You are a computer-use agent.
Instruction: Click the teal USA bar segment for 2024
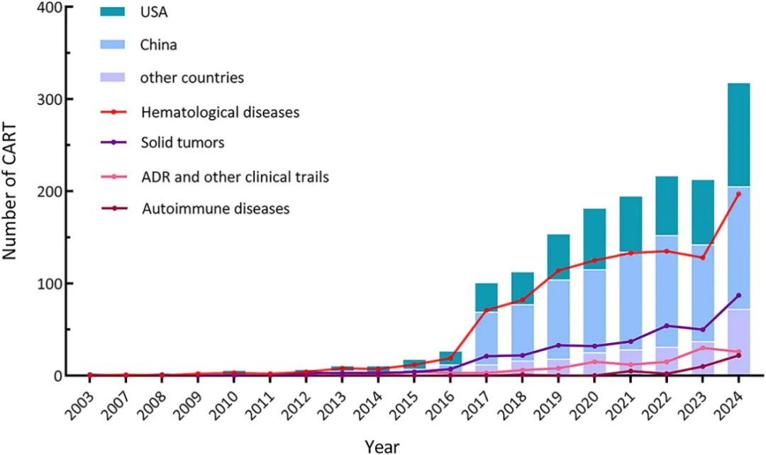tap(738, 135)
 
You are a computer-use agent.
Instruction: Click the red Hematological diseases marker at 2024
tap(738, 194)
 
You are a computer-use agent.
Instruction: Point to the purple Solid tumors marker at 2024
tap(738, 296)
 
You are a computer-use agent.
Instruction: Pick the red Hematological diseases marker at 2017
tap(487, 310)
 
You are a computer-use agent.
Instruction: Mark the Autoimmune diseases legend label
tap(216, 208)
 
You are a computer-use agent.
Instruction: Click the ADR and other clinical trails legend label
tap(235, 176)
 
